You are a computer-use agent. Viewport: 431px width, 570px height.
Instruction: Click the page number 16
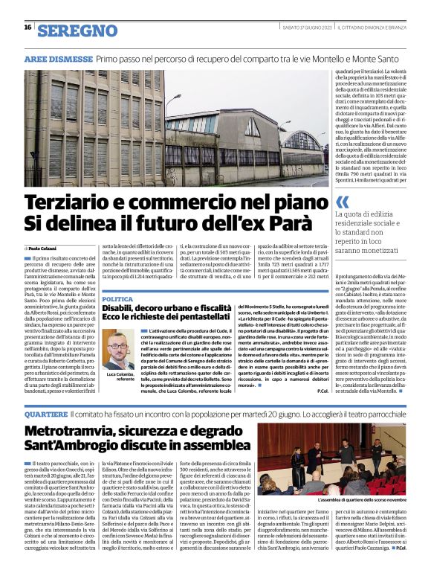pyautogui.click(x=27, y=28)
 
